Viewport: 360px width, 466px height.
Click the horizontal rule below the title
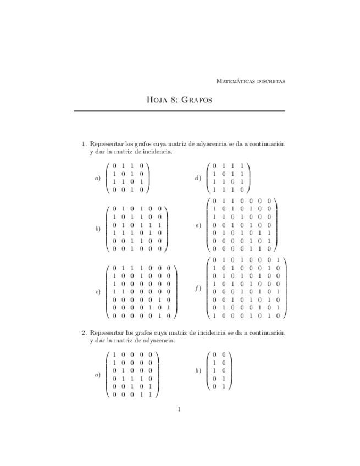pos(179,112)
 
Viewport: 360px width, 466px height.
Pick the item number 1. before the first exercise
pos(85,144)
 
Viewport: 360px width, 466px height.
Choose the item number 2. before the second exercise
pos(85,333)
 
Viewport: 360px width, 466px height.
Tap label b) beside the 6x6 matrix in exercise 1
pos(98,229)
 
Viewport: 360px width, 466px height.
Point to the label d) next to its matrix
pos(198,178)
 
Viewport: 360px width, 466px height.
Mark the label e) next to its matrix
pos(198,225)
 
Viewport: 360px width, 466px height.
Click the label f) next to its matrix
pos(198,288)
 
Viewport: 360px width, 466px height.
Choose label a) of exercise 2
pos(98,375)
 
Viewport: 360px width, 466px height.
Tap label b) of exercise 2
pos(198,371)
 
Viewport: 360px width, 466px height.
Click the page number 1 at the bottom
pos(180,409)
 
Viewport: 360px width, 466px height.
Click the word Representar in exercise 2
pos(107,333)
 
